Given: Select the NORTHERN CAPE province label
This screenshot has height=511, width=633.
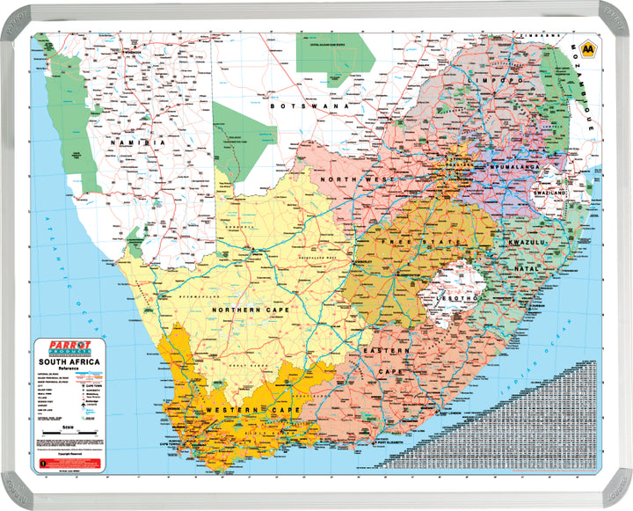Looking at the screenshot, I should tap(252, 310).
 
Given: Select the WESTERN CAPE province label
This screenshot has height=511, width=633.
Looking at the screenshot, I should tap(245, 411).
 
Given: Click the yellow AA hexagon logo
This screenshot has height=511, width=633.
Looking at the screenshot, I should tap(587, 49).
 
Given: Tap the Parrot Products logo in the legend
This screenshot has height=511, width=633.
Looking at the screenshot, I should tap(68, 349).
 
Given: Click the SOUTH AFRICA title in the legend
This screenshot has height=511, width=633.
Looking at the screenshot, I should tap(69, 362).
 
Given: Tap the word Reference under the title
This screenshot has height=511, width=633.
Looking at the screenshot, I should tap(69, 370).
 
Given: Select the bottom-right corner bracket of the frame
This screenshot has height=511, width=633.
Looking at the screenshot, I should tap(618, 495).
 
